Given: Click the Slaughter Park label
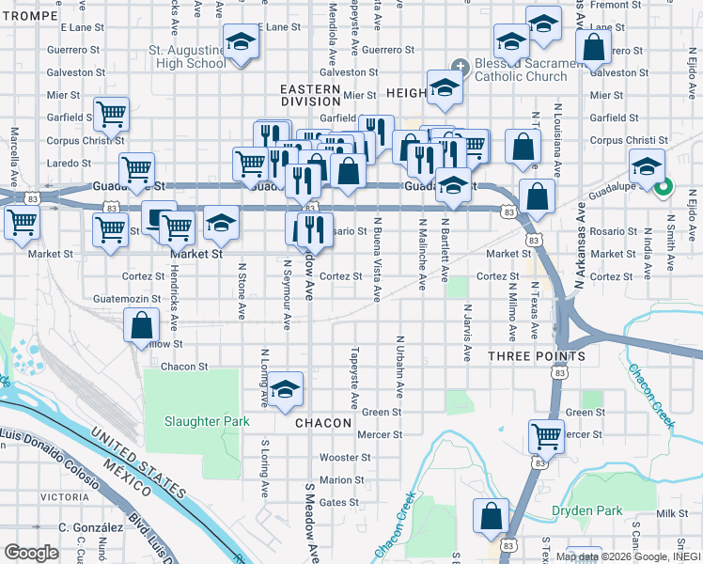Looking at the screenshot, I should [207, 422].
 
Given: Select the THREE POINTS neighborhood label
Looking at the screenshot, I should [536, 357].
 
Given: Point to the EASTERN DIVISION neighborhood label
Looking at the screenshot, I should [310, 96].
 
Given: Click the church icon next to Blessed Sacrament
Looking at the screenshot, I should [460, 66].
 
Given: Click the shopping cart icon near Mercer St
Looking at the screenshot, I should [545, 435].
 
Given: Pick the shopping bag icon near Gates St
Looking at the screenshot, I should [491, 516].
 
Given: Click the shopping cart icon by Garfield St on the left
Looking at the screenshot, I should [111, 115].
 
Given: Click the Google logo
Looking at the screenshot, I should [32, 552].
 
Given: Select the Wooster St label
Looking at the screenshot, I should [340, 458].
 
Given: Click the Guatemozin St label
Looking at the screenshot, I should [128, 299].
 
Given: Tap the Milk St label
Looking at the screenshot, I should [672, 512].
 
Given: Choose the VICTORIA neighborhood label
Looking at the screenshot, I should [66, 496].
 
